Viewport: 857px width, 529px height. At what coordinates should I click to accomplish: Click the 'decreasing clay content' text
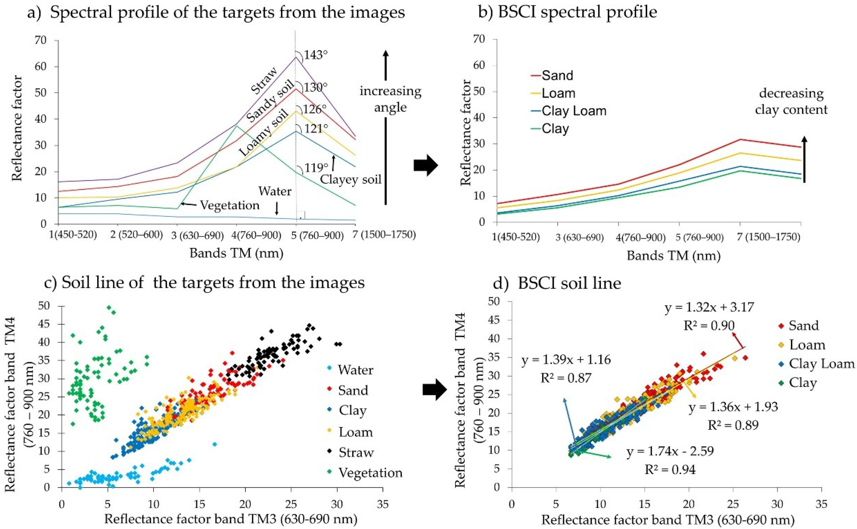791,102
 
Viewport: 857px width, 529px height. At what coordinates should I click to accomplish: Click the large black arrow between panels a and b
425,165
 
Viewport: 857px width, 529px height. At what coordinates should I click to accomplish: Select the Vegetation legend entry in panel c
370,473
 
